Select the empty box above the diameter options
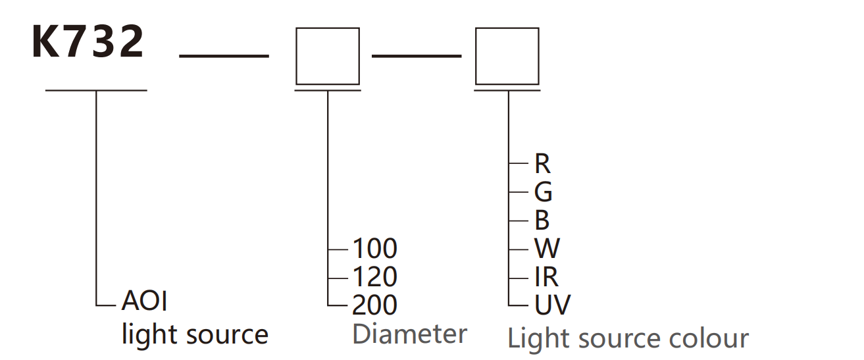pos(328,56)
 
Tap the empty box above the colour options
pos(507,56)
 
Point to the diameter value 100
pos(375,249)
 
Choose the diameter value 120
pos(375,277)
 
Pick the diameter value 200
pos(375,305)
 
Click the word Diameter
pos(409,334)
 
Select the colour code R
pos(542,164)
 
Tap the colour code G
pos(543,192)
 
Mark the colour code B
pos(542,220)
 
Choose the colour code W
pos(547,249)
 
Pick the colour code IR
pos(546,277)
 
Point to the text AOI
pos(145,301)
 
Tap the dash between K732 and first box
pos(224,56)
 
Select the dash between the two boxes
pos(417,56)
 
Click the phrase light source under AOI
pos(195,334)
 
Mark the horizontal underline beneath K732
pos(96,90)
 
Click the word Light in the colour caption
pos(532,339)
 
